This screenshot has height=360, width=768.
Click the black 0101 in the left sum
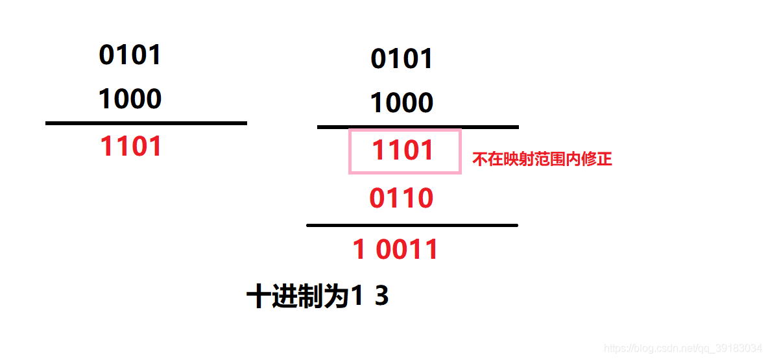(x=130, y=55)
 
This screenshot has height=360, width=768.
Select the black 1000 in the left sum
(x=130, y=99)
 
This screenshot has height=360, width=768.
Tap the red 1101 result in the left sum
(x=130, y=147)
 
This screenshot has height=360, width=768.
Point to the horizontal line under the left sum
(x=146, y=123)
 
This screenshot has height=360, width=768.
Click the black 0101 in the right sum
(x=402, y=59)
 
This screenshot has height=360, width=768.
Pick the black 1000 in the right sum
(x=402, y=103)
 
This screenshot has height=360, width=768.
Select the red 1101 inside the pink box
(x=402, y=150)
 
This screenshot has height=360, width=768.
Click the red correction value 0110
(x=401, y=198)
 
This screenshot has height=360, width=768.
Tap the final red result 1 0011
(x=395, y=250)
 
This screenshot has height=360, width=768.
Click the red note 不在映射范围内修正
(x=542, y=159)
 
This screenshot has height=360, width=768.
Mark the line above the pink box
(x=418, y=127)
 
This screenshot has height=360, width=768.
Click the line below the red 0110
(x=412, y=225)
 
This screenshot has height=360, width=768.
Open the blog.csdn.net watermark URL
(x=682, y=348)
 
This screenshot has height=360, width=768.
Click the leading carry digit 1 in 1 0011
(x=359, y=250)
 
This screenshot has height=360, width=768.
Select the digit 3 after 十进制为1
(x=381, y=297)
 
